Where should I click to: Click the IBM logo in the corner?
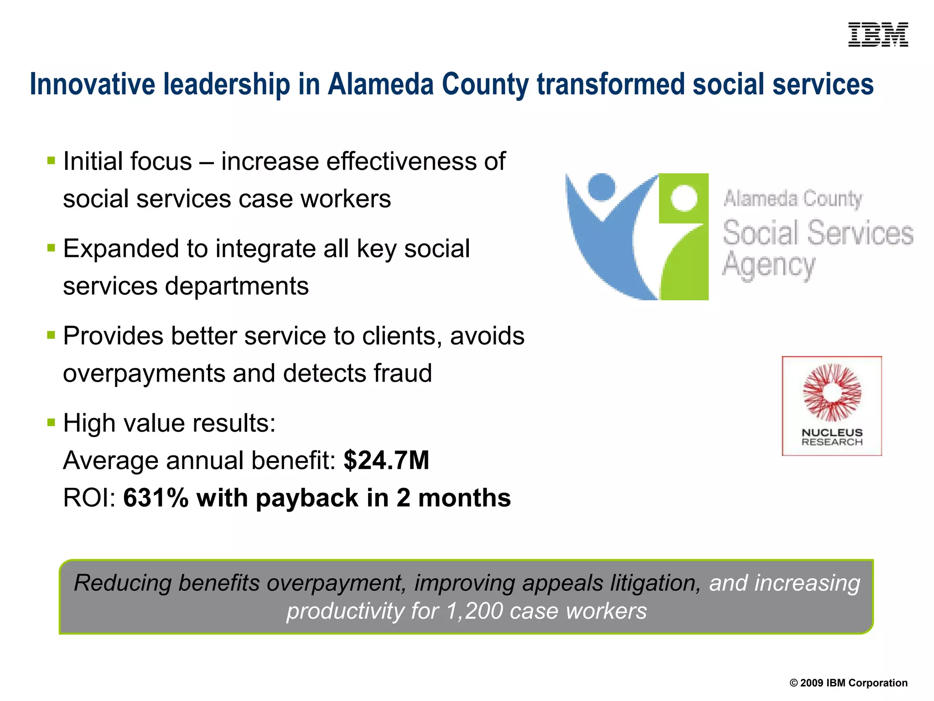click(x=878, y=35)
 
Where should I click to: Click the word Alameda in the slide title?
click(x=380, y=84)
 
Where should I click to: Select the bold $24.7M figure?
click(x=386, y=460)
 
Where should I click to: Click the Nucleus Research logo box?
click(x=832, y=406)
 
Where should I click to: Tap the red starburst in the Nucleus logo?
click(x=832, y=392)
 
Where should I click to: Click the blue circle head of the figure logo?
click(x=602, y=186)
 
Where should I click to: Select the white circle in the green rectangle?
click(x=684, y=198)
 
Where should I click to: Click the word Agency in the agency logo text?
click(x=768, y=265)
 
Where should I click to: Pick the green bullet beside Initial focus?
click(x=51, y=161)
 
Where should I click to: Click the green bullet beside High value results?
click(x=51, y=423)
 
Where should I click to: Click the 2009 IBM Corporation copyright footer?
click(x=848, y=683)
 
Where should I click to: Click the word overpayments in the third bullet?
click(x=144, y=374)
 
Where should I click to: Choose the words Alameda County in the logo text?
click(x=793, y=199)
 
